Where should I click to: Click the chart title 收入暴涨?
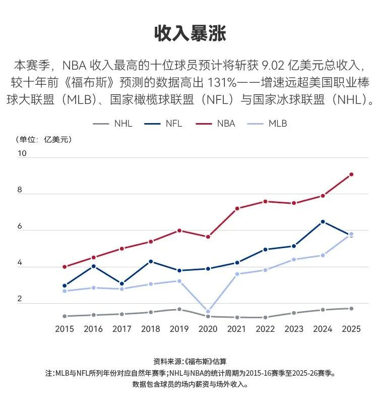[x=190, y=33]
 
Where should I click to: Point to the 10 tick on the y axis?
[x=21, y=153]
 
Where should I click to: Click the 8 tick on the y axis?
[x=20, y=190]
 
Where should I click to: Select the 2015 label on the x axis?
[x=65, y=329]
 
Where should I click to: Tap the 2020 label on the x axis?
[x=208, y=329]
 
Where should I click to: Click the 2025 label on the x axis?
[x=351, y=329]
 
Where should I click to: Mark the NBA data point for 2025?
[x=351, y=175]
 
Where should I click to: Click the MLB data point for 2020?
[x=208, y=311]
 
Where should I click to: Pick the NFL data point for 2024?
[x=323, y=222]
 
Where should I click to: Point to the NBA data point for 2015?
[x=65, y=267]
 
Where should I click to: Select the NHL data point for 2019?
[x=179, y=309]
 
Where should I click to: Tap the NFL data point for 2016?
[x=93, y=266]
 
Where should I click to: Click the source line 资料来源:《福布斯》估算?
[x=190, y=362]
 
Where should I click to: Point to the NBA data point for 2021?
[x=236, y=208]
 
